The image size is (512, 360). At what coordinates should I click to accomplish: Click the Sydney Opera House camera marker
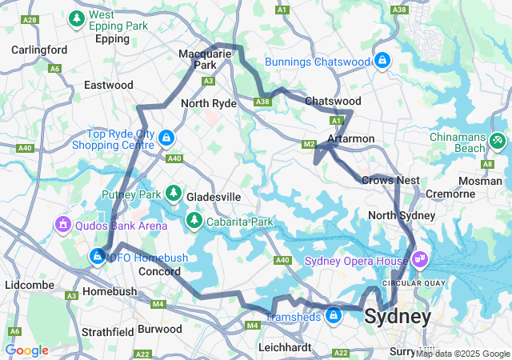(x=421, y=260)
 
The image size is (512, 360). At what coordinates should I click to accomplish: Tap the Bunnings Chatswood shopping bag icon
(x=382, y=60)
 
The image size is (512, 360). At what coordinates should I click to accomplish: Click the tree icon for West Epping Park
(x=77, y=18)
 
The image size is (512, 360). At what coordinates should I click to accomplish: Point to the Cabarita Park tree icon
(x=193, y=219)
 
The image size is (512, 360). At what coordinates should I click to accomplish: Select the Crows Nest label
(x=390, y=180)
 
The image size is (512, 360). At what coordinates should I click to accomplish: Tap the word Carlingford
(x=39, y=50)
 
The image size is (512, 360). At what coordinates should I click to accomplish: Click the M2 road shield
(x=309, y=144)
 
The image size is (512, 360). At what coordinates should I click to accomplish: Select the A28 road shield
(x=30, y=18)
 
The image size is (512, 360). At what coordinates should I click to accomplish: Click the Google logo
(x=26, y=350)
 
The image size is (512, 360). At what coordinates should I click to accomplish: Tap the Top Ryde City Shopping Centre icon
(x=166, y=137)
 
